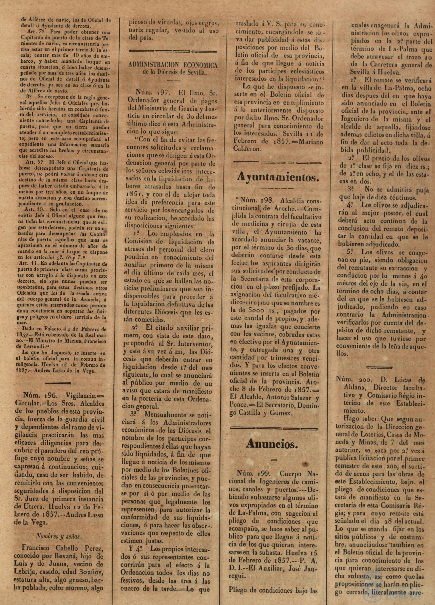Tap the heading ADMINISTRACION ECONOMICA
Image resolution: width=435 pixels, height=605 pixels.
pyautogui.click(x=173, y=65)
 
